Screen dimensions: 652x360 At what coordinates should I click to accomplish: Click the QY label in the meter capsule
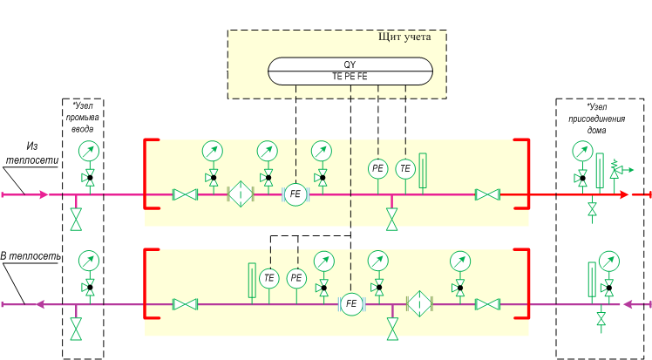[350, 65]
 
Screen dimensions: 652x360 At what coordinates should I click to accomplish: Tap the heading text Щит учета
[404, 37]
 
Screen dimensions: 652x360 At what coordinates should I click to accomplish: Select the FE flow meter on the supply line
[295, 194]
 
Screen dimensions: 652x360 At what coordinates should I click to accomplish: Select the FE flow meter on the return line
[351, 304]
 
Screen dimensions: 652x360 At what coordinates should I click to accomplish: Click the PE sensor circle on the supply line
[377, 168]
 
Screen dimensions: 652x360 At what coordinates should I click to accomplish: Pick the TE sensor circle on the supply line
[405, 168]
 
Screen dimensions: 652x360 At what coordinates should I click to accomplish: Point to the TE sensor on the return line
[269, 278]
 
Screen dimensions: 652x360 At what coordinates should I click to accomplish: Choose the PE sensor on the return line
[296, 278]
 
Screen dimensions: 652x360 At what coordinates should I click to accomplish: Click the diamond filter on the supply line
[241, 194]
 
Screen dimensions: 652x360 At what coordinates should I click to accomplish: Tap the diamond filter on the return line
[419, 304]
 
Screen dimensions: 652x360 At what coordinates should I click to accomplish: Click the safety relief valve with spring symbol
[618, 171]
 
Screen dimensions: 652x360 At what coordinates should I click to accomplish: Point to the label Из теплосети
[31, 153]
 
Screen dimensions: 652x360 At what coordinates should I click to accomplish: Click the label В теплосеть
[31, 256]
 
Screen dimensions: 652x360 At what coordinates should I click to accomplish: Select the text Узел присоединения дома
[597, 119]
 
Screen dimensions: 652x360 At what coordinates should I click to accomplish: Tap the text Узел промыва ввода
[82, 117]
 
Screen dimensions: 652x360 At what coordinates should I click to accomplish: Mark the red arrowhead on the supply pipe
[624, 194]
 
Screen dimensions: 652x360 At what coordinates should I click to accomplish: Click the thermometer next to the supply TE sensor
[423, 171]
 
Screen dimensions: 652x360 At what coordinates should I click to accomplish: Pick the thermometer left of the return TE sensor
[252, 281]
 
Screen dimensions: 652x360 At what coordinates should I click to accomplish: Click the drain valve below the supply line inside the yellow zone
[391, 219]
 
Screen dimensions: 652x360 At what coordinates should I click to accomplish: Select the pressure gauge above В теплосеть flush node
[89, 261]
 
